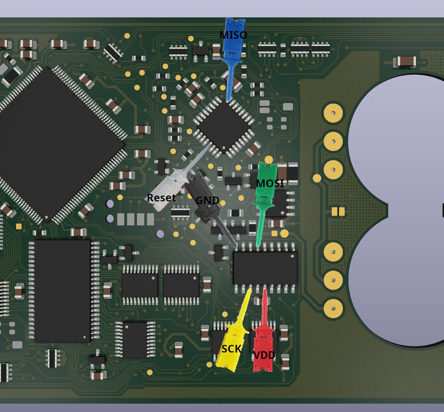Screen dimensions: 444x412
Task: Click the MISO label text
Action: (233, 35)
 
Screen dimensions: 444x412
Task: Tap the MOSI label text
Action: (270, 183)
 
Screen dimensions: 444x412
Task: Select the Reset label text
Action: (161, 198)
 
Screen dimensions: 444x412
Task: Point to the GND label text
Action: (207, 200)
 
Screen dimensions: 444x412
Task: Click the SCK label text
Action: (232, 349)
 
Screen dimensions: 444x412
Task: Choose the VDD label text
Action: (264, 356)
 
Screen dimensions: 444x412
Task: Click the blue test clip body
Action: (233, 58)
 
